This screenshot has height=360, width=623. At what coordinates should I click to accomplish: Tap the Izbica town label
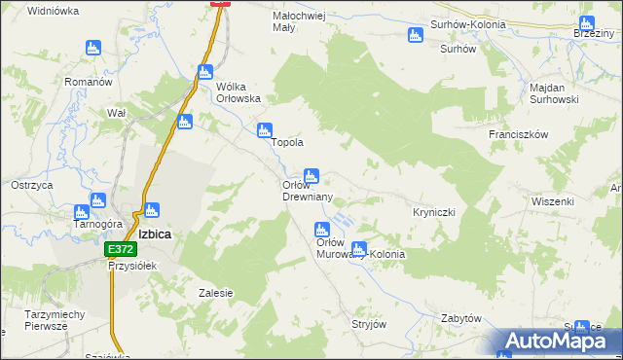[156, 234]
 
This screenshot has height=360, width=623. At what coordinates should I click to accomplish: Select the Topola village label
[287, 142]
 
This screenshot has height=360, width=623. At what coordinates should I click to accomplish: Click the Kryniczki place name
[434, 211]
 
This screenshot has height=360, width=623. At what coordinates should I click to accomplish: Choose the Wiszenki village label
[553, 201]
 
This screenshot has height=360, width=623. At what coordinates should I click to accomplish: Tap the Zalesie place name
[215, 293]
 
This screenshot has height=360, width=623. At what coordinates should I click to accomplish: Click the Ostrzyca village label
[31, 184]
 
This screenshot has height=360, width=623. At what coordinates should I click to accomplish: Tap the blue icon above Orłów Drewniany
[311, 176]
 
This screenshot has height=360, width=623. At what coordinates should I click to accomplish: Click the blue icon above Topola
[263, 131]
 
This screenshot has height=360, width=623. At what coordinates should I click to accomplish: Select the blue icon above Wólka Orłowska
[204, 72]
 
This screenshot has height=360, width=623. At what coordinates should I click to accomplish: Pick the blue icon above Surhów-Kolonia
[416, 36]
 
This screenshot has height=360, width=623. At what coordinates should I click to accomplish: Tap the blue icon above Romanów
[93, 47]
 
